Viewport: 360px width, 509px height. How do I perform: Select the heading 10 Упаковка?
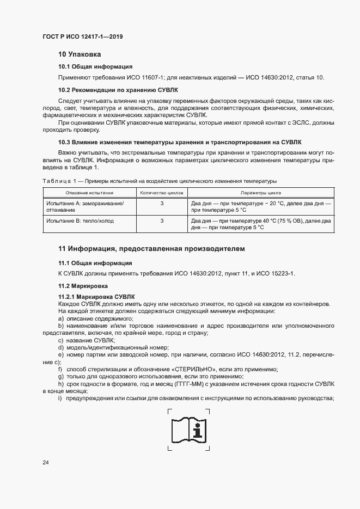click(x=80, y=54)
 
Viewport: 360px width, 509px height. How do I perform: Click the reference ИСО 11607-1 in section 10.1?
click(x=144, y=77)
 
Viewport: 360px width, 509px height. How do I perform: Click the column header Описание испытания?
click(x=89, y=193)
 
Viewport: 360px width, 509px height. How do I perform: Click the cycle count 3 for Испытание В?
click(x=162, y=221)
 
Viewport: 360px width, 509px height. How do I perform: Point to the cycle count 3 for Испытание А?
click(x=162, y=203)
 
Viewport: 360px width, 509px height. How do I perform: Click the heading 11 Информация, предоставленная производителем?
click(x=151, y=249)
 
